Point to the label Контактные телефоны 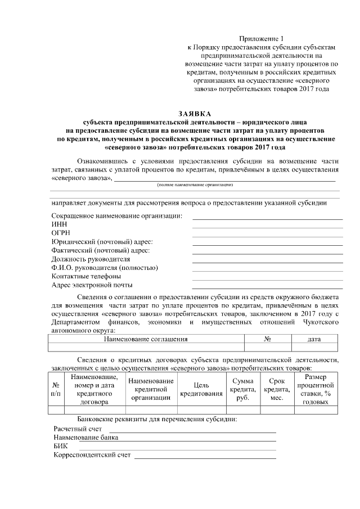(86, 276)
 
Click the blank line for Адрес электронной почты (267, 287)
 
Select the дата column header (314, 339)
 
